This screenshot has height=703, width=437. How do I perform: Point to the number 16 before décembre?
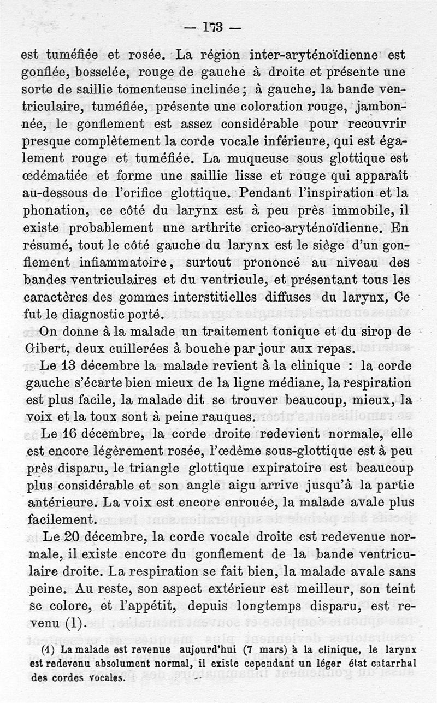[x=70, y=435]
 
